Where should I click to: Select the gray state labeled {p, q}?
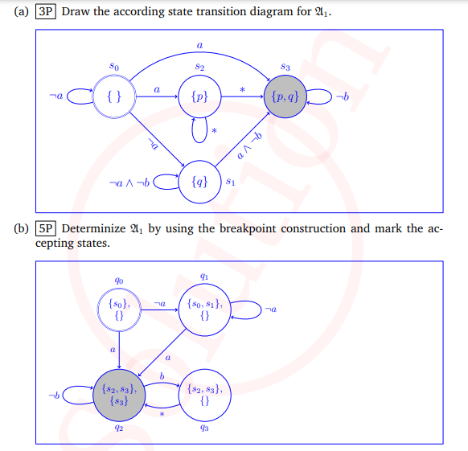coord(285,96)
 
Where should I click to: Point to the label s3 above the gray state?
coord(285,67)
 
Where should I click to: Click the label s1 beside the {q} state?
coord(230,181)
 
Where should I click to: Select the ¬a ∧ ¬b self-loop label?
coord(129,182)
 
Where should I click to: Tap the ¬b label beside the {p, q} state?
coord(343,96)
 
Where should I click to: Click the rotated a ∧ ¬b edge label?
coord(249,146)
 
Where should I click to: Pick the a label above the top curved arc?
coord(199,45)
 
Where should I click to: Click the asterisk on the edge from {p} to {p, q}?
coord(242,89)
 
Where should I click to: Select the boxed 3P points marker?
coord(46,11)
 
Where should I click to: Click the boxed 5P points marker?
coord(46,228)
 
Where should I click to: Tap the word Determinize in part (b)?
coord(93,228)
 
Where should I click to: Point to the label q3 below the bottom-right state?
coord(204,428)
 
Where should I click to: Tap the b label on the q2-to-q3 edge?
coord(162,376)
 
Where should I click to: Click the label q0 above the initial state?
coord(119,281)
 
